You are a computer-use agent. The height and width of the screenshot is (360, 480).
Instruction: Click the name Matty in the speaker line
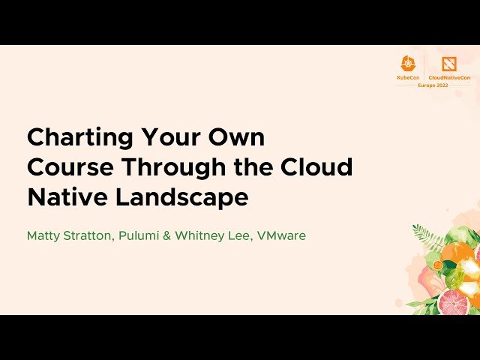click(x=43, y=235)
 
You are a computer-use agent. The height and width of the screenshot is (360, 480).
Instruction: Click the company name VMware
click(x=281, y=235)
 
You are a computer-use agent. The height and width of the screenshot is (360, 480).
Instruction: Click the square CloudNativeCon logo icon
click(x=449, y=64)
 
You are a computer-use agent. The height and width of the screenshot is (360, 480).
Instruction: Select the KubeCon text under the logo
click(x=408, y=77)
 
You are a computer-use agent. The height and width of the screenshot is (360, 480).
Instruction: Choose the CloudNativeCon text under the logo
click(x=449, y=77)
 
